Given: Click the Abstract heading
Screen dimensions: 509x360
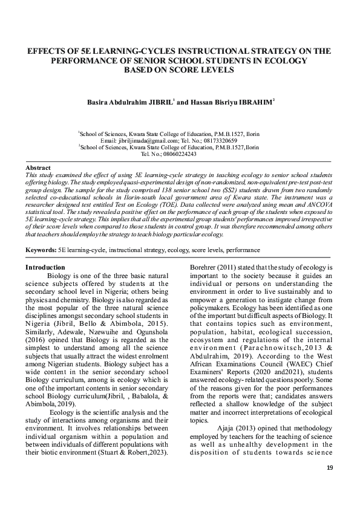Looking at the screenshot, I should (x=38, y=167).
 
